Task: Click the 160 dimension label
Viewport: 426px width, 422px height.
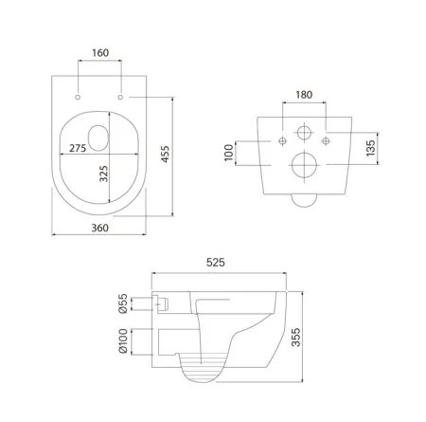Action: coord(100,53)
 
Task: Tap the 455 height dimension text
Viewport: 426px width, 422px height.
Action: coord(165,154)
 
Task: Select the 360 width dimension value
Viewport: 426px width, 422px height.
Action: coord(99,228)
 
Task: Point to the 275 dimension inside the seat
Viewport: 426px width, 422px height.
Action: coord(78,148)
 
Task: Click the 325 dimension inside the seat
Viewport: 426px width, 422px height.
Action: coord(103,174)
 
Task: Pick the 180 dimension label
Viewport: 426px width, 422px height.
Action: coord(304,95)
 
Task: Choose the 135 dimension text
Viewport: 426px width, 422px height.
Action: coord(370,148)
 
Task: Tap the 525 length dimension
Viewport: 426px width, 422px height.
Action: coord(216,263)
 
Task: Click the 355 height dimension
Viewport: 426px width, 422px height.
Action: coord(295,338)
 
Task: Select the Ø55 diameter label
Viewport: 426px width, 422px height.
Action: coord(123,303)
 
